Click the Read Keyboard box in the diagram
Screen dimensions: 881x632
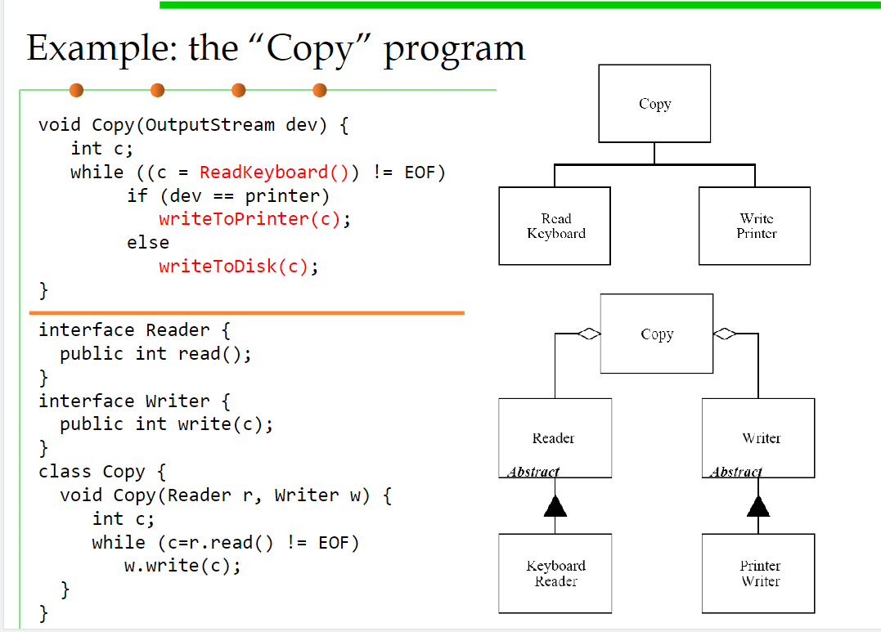coord(555,226)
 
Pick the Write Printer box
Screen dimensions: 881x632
coord(754,226)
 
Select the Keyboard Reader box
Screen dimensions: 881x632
coord(555,573)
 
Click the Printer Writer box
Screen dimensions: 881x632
coord(758,573)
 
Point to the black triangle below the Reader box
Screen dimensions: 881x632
coord(555,506)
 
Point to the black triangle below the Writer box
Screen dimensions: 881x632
coord(758,506)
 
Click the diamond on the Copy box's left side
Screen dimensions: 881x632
coord(590,334)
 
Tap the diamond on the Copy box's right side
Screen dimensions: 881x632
coord(725,334)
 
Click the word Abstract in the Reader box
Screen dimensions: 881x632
coord(533,472)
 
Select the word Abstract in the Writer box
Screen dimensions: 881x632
coord(736,472)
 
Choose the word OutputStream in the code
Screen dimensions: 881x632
coord(210,125)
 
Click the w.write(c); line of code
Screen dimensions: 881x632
coord(182,566)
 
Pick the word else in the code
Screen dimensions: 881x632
coord(148,243)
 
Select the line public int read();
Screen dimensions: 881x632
coord(155,354)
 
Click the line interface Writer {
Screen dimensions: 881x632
coord(134,401)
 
